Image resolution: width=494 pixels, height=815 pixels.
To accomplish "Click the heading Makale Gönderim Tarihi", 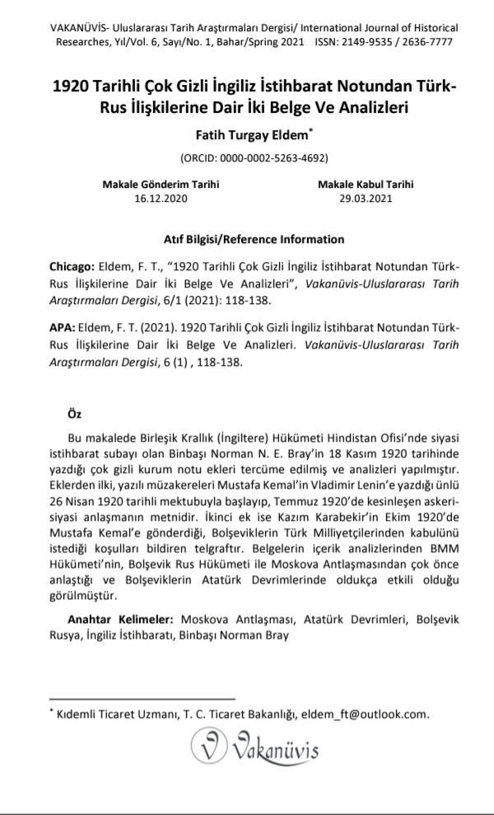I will [161, 185].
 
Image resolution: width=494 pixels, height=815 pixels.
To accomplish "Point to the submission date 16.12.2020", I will [161, 198].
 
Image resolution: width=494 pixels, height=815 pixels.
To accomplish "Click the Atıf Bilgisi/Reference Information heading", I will [247, 240].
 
